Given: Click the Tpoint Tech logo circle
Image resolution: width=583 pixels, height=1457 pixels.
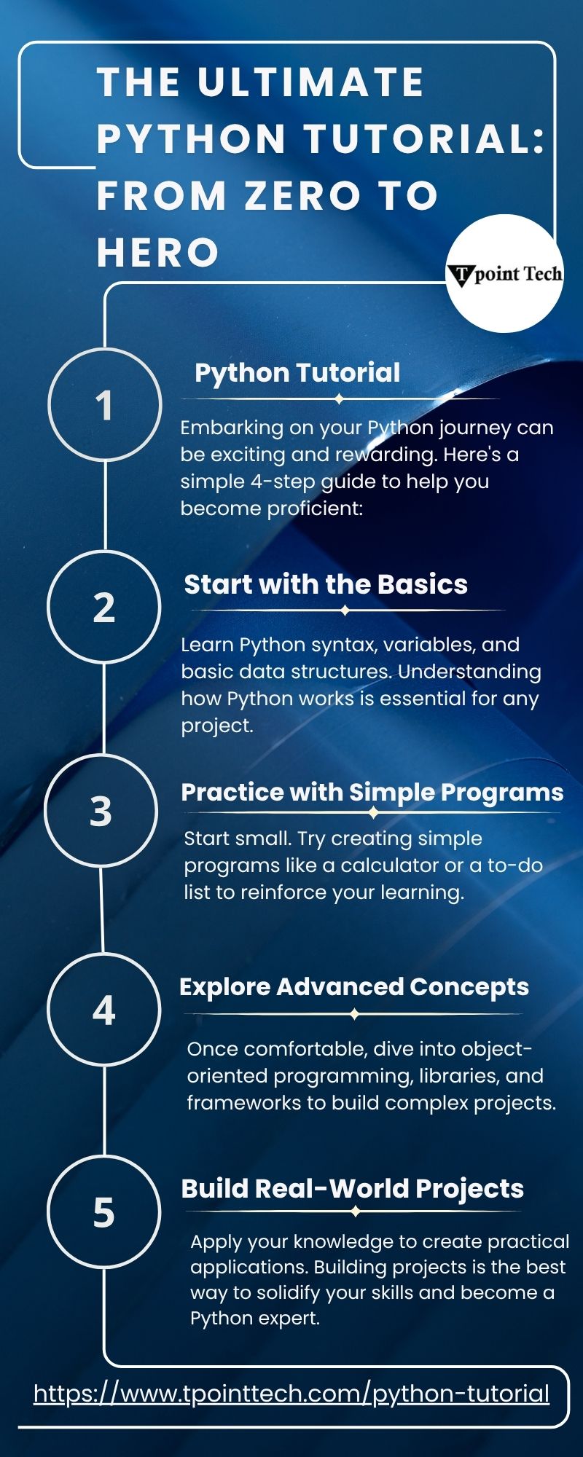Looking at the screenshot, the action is (x=504, y=273).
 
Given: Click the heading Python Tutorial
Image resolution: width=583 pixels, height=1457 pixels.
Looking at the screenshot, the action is (x=297, y=373).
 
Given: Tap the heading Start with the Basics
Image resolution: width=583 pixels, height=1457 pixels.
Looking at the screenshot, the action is (x=326, y=584).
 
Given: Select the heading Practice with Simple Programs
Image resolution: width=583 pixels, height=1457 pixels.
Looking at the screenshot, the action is (x=372, y=793).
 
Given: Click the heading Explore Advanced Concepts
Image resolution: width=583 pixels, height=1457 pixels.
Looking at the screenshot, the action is (x=354, y=986).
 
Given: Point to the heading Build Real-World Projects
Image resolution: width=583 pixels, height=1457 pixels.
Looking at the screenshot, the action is (x=353, y=1188).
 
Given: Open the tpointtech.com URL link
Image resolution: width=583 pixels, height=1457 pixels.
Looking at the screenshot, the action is (x=291, y=1394).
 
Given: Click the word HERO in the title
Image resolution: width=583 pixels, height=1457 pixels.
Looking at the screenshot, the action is (x=158, y=253).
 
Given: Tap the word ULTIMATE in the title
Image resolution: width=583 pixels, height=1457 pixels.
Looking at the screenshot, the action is (x=311, y=82).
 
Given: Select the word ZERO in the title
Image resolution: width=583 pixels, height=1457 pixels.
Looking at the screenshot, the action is (x=302, y=196).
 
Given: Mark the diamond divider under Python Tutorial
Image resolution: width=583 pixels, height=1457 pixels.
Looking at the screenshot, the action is (x=340, y=399).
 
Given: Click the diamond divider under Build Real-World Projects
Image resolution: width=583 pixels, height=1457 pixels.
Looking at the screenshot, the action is (x=355, y=1211).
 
